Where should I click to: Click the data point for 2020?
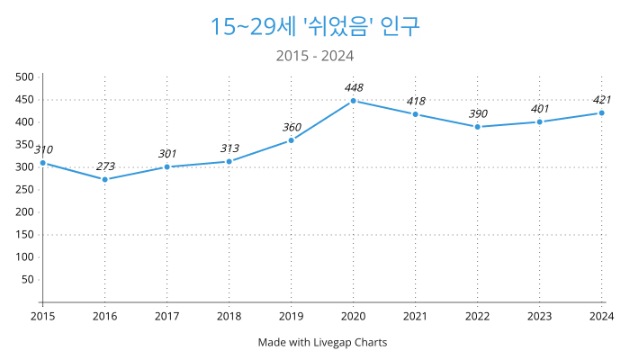[353, 101]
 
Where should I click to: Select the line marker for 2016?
[104, 179]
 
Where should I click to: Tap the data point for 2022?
[477, 127]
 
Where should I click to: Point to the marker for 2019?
[291, 140]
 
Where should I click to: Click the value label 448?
[353, 87]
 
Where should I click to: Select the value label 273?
[104, 166]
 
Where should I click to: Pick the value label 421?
[601, 100]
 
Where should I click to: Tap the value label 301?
[166, 154]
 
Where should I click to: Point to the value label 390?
[477, 113]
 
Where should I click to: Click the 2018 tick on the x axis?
[229, 316]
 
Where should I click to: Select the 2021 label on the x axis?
[415, 316]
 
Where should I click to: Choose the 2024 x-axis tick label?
[601, 316]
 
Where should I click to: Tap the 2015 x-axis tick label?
[42, 316]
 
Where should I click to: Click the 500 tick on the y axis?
[24, 77]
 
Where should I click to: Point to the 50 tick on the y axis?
[27, 279]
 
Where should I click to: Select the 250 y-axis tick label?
[24, 190]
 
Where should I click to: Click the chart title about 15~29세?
[315, 26]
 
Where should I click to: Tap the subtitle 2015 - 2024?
[315, 56]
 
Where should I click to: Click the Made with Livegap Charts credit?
[322, 342]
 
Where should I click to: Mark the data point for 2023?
[539, 121]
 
